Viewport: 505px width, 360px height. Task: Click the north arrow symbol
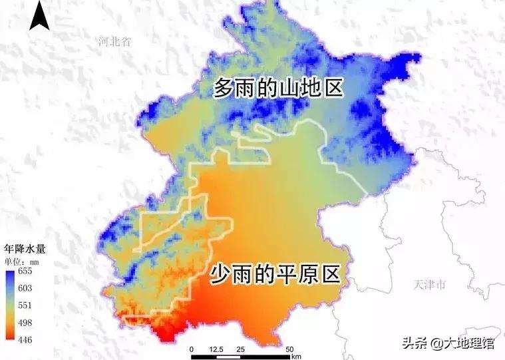coord(39,16)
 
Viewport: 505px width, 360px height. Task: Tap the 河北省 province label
coord(114,42)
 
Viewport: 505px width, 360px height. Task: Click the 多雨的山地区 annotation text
coord(277,89)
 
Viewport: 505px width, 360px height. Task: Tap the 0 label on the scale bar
coord(192,349)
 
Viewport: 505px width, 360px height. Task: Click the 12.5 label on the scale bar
coord(216,349)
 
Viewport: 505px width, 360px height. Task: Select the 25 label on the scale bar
coord(240,349)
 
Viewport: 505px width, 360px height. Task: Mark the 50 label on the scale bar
coord(289,349)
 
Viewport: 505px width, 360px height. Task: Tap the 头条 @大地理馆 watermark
coord(452,343)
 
